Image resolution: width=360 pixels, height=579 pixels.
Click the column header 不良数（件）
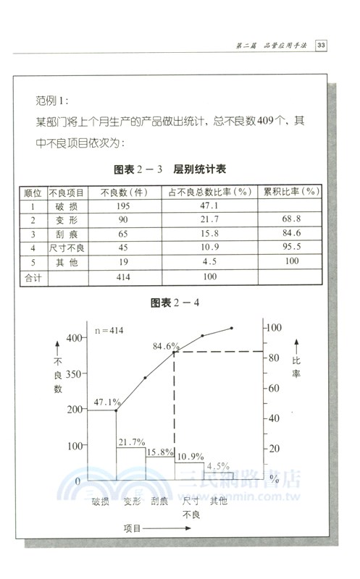tap(124, 193)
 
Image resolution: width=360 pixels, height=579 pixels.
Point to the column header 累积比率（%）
tap(291, 193)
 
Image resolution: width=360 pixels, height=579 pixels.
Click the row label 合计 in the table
tap(33, 276)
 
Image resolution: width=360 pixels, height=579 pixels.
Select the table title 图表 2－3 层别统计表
tap(170, 170)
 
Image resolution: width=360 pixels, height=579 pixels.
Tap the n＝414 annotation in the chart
tap(111, 331)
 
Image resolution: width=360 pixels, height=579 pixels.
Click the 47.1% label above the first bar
tap(108, 401)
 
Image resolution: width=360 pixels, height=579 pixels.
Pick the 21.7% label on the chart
tap(132, 441)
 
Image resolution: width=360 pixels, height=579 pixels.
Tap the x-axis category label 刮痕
tap(159, 500)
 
